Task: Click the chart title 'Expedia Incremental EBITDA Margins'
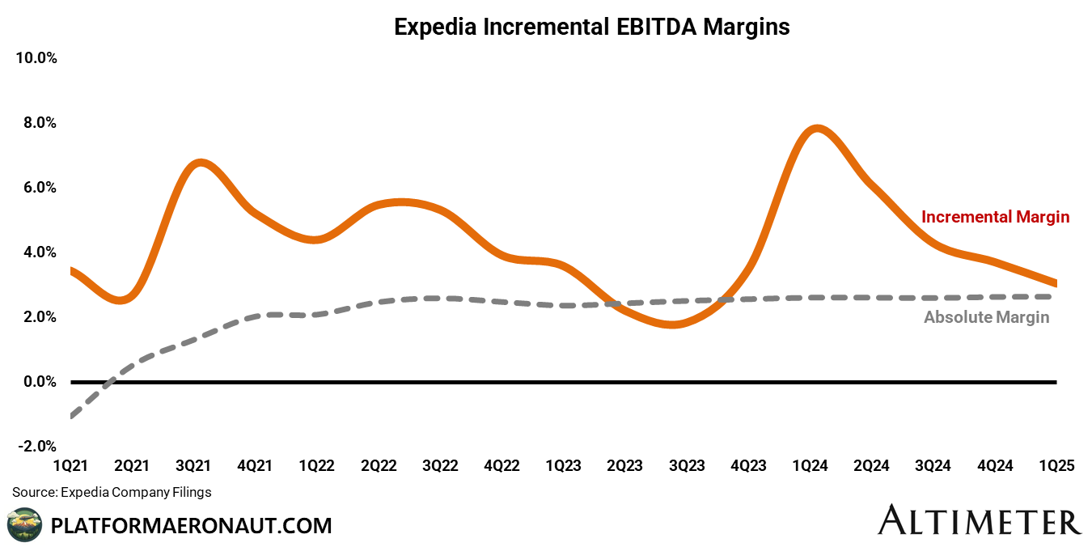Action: click(591, 27)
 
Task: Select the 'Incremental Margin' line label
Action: click(995, 217)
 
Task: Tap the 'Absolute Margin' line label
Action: click(986, 317)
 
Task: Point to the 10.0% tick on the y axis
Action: click(35, 58)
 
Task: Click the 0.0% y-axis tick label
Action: click(38, 382)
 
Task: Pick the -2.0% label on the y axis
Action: click(36, 447)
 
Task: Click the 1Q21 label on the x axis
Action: click(70, 466)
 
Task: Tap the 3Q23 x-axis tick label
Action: click(686, 466)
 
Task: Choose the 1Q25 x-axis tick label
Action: click(1056, 466)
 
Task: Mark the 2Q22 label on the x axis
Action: click(379, 466)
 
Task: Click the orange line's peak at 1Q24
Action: click(817, 128)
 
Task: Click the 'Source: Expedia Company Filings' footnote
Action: click(112, 492)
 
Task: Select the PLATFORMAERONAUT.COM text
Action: click(191, 526)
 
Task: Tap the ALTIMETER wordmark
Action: click(979, 520)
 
